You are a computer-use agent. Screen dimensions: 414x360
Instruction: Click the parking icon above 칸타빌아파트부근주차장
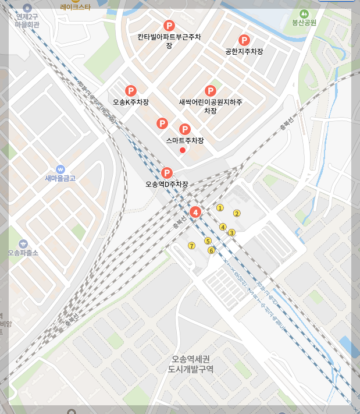click(169, 26)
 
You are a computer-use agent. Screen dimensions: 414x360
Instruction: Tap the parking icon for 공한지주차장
click(245, 40)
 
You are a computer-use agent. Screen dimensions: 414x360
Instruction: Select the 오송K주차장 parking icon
click(131, 91)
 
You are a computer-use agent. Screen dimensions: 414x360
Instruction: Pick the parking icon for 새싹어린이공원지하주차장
click(210, 91)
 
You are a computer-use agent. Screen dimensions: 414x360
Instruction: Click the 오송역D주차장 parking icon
click(167, 173)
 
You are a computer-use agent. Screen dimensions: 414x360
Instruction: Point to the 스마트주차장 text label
click(185, 141)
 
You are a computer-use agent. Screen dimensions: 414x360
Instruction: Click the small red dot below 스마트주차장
click(183, 150)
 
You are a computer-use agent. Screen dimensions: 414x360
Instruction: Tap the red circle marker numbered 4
click(196, 212)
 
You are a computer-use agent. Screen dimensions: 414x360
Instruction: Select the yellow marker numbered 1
click(220, 208)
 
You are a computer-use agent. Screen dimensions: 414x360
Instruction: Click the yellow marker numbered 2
click(237, 213)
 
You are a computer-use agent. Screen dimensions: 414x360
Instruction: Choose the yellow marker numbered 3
click(231, 233)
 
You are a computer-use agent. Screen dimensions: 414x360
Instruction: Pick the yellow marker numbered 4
click(223, 227)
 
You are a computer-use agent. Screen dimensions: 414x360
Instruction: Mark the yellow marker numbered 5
click(208, 241)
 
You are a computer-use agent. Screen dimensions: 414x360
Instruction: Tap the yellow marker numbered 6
click(211, 250)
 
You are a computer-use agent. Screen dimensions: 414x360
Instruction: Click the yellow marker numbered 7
click(191, 246)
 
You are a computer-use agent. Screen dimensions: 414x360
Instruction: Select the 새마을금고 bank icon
click(60, 169)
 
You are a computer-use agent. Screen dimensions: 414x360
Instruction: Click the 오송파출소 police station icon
click(23, 243)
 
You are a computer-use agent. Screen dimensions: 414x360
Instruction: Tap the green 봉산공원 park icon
click(303, 14)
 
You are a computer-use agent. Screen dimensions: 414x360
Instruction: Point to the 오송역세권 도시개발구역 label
click(191, 364)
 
